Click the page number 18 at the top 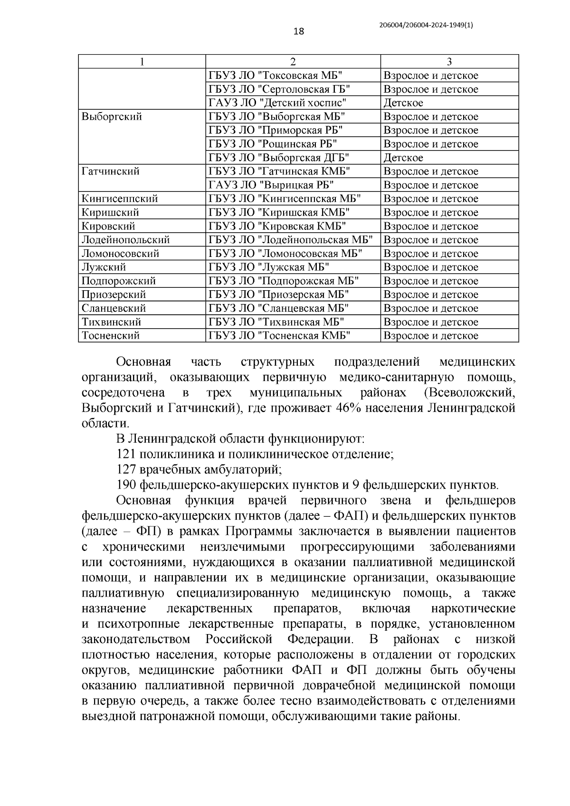tap(298, 32)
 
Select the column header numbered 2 tap(293, 62)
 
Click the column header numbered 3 tap(449, 62)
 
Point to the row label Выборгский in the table tap(112, 117)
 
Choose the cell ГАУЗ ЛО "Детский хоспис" tap(277, 103)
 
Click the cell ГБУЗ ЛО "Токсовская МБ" tap(275, 76)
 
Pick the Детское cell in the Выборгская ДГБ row tap(403, 158)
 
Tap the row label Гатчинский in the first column tap(111, 171)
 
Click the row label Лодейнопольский tap(125, 240)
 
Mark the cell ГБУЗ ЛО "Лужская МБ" tap(269, 267)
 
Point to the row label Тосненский tap(111, 336)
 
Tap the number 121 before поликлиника tap(126, 455)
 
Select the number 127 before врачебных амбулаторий tap(126, 470)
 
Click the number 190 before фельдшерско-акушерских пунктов tap(126, 485)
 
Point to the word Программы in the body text tap(253, 531)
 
